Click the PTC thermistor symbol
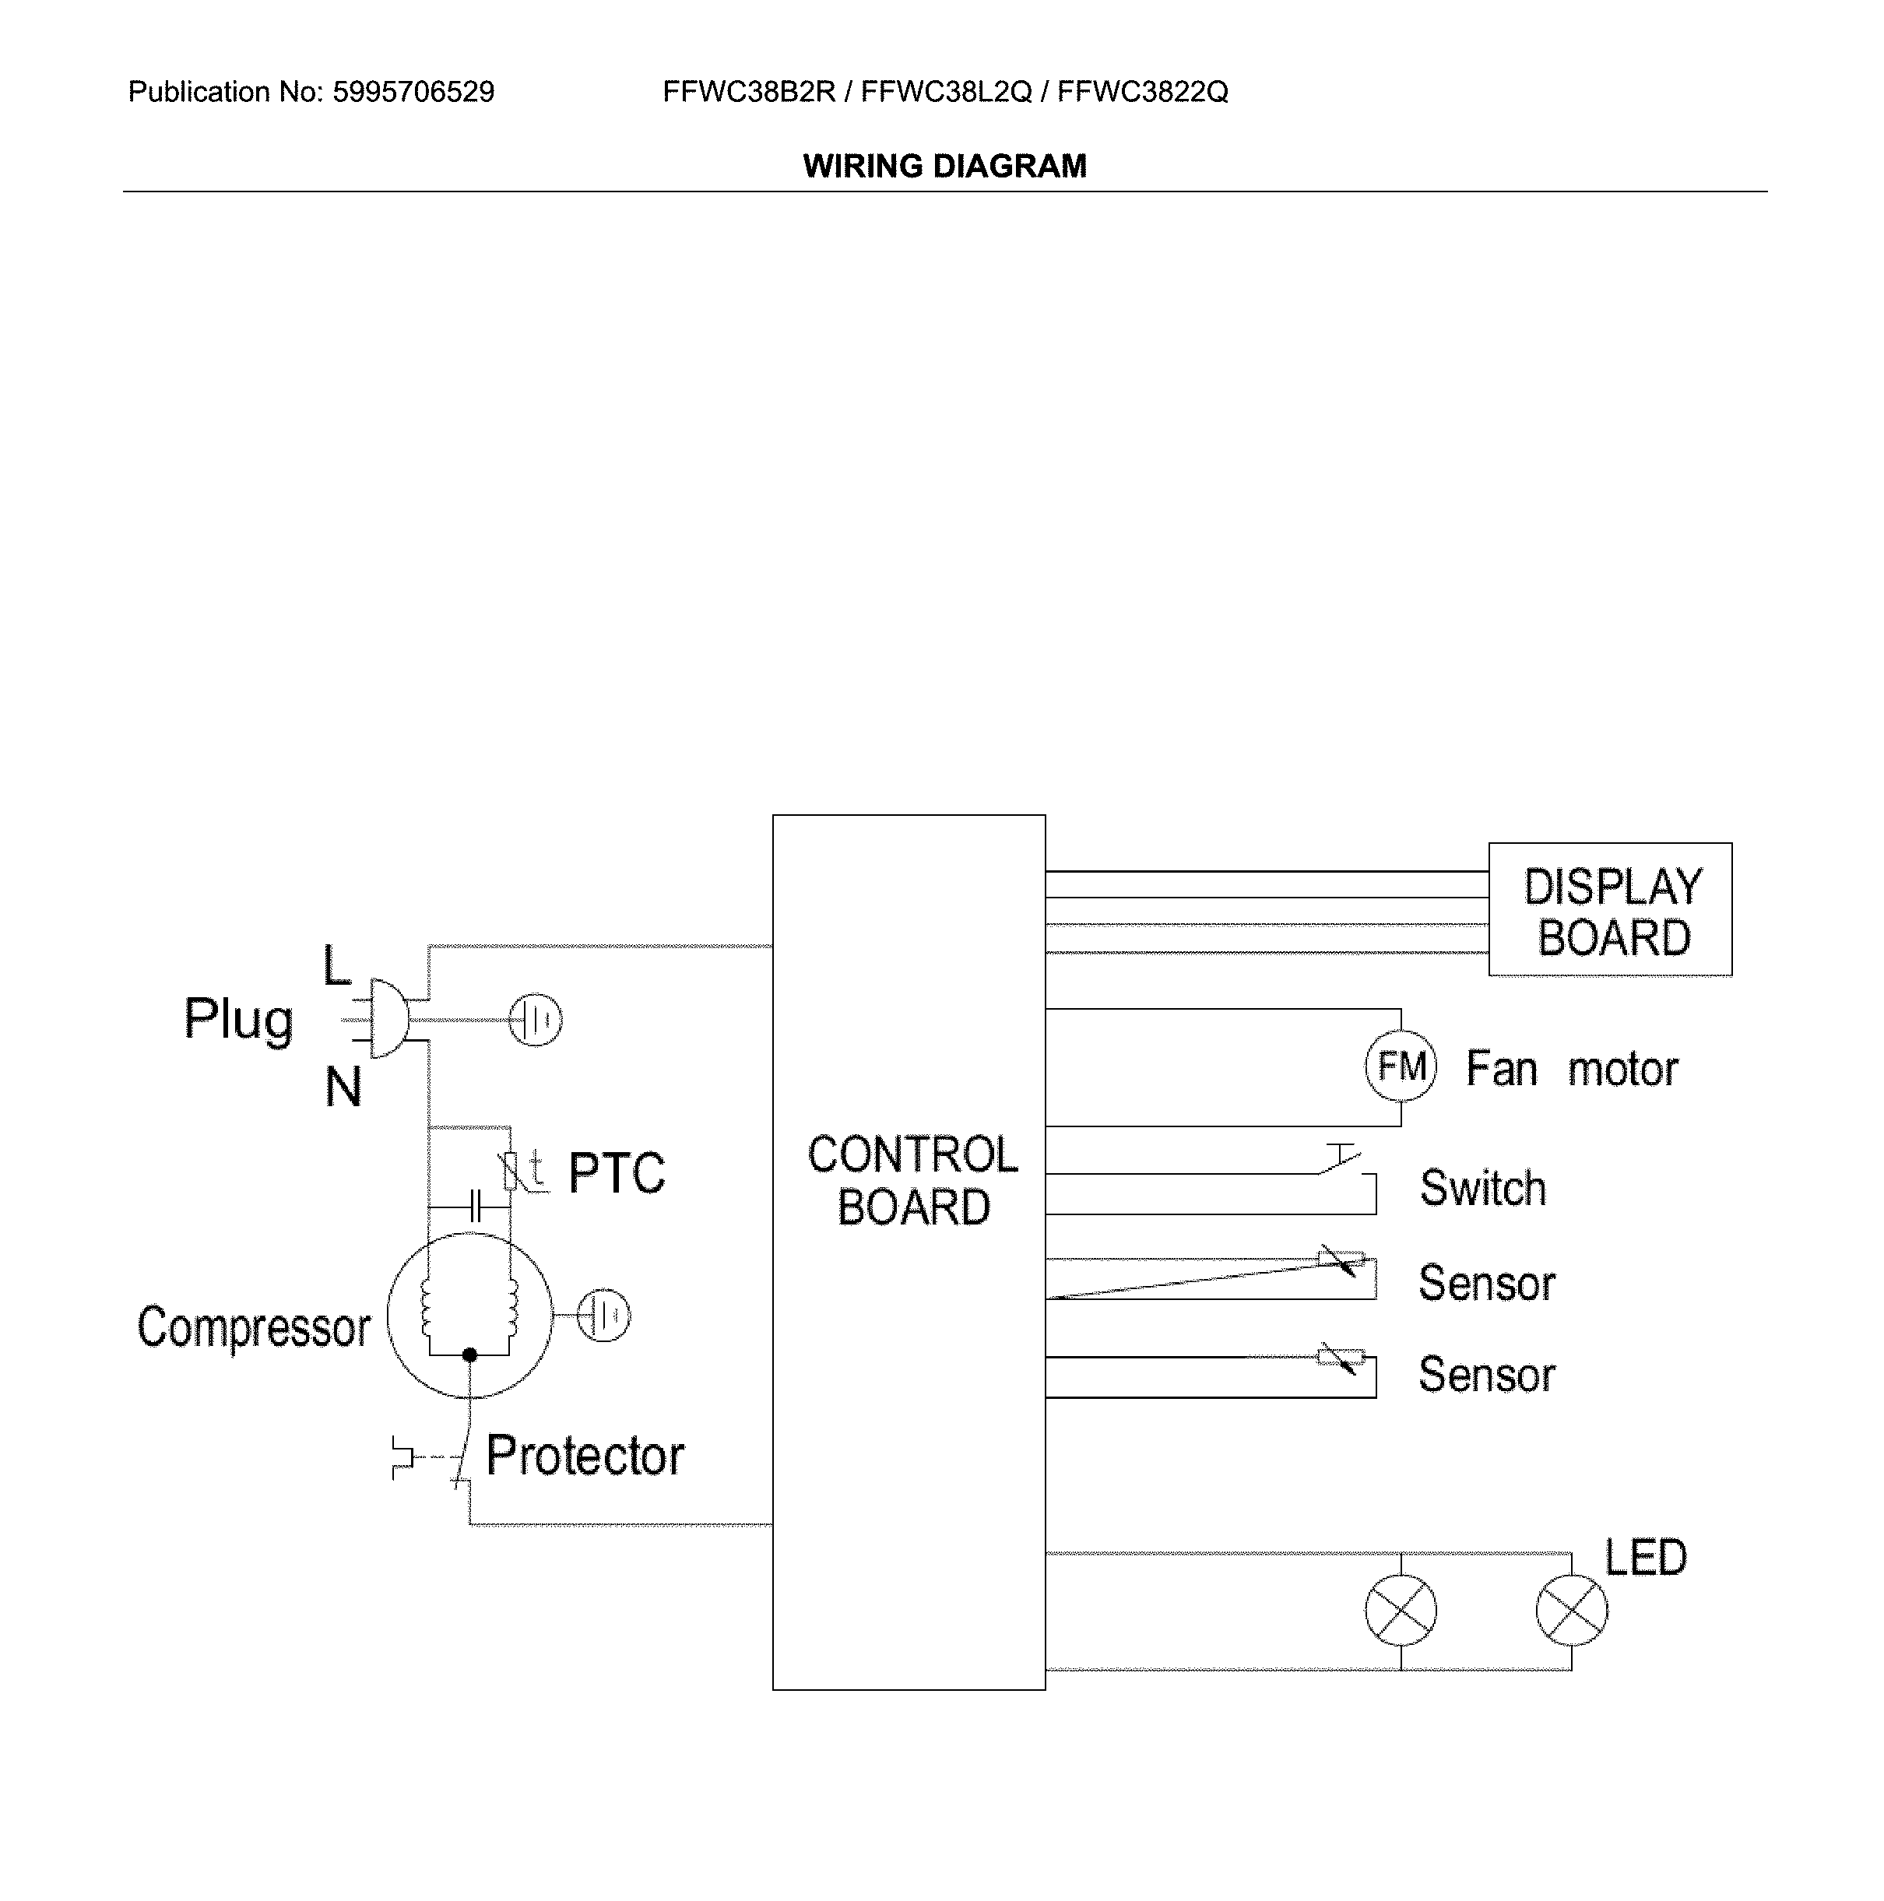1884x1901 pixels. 511,1171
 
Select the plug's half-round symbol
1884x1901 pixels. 388,1018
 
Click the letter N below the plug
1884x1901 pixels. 343,1088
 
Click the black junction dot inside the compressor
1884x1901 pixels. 469,1355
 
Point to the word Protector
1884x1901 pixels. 585,1455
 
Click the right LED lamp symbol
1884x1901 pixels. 1571,1610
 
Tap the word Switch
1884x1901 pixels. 1482,1189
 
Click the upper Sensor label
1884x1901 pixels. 1486,1283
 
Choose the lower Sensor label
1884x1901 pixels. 1486,1375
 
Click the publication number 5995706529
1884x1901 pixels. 413,93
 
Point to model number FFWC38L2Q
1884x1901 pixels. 947,93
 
